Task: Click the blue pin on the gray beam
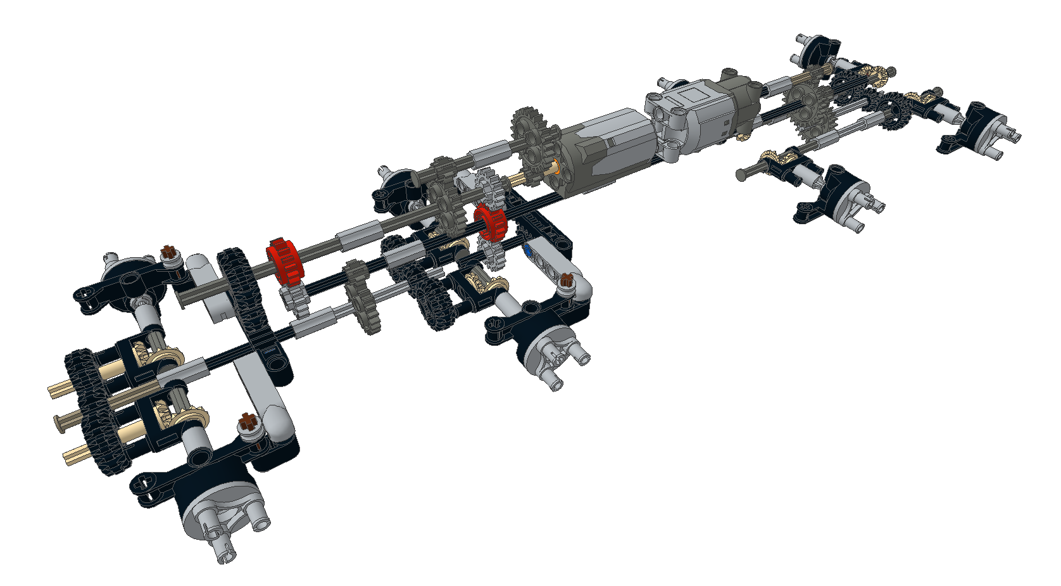pos(528,251)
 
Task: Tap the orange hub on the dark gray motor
pos(555,168)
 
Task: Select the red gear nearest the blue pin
pos(491,222)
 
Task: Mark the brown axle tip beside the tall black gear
pos(169,252)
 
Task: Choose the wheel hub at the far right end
pos(984,130)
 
